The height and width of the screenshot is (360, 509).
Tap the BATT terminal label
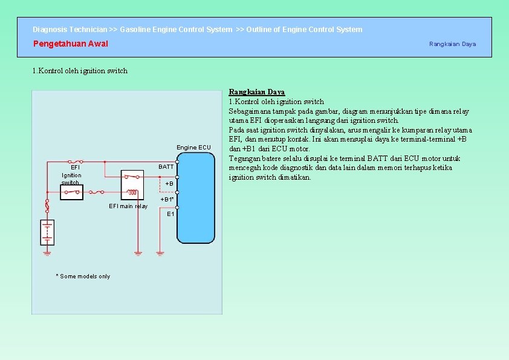(166, 167)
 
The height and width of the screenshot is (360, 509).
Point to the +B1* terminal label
(167, 199)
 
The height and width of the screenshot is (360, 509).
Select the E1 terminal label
(170, 214)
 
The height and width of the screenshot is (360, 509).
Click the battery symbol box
(47, 232)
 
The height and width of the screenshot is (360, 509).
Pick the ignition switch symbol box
(72, 192)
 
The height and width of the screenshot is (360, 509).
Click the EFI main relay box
(132, 184)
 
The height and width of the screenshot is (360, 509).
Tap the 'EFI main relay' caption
(128, 206)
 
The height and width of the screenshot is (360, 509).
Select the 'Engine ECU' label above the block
(193, 148)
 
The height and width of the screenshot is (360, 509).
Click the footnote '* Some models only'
(83, 277)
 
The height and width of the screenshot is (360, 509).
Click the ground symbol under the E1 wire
(160, 252)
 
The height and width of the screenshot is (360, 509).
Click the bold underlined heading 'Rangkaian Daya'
(256, 92)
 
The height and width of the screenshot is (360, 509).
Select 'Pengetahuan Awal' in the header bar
(71, 44)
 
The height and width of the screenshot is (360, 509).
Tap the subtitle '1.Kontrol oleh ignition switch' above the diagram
(80, 71)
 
